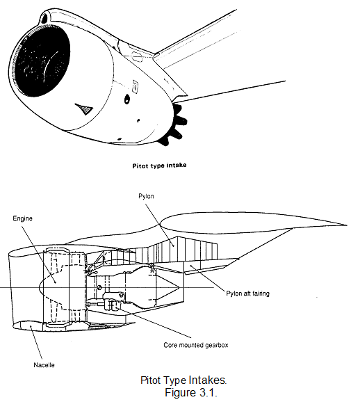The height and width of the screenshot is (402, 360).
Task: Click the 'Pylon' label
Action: click(146, 196)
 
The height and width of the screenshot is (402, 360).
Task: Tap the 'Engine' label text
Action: click(22, 218)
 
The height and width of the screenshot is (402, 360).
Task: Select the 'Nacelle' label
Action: click(44, 365)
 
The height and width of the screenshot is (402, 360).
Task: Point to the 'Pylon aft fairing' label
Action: click(247, 294)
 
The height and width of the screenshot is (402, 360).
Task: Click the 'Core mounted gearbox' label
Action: click(196, 345)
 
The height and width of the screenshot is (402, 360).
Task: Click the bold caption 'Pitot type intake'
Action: click(159, 166)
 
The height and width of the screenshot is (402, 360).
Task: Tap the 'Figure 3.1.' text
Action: click(191, 392)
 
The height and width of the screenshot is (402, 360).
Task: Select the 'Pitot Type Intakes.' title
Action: click(183, 380)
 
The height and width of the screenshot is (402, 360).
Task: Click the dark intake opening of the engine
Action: click(42, 61)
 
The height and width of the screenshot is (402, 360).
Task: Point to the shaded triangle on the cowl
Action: click(84, 108)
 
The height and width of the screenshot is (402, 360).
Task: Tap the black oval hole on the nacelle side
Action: click(126, 99)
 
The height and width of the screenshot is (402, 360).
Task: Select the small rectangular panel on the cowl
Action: click(135, 86)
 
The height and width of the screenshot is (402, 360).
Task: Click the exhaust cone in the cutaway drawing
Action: click(167, 287)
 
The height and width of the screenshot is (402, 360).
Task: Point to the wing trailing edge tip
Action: click(347, 225)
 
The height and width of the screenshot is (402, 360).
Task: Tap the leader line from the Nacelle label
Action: click(36, 342)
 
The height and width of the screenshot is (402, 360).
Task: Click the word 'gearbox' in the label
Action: click(218, 346)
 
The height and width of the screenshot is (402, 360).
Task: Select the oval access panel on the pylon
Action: click(137, 56)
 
